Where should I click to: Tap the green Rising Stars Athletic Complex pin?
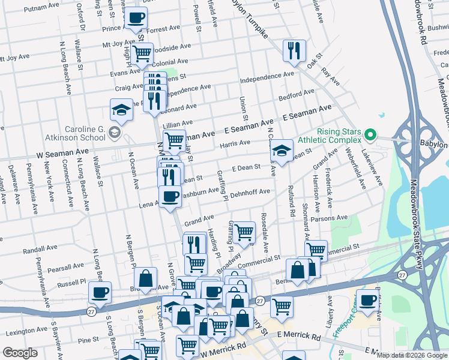click(370, 135)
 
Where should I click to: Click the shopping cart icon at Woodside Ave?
click(142, 53)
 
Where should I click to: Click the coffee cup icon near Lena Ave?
click(170, 196)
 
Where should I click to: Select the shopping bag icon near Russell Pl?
click(146, 278)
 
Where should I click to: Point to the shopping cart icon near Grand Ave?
click(244, 231)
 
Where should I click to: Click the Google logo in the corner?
click(20, 353)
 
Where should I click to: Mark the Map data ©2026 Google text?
click(412, 355)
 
